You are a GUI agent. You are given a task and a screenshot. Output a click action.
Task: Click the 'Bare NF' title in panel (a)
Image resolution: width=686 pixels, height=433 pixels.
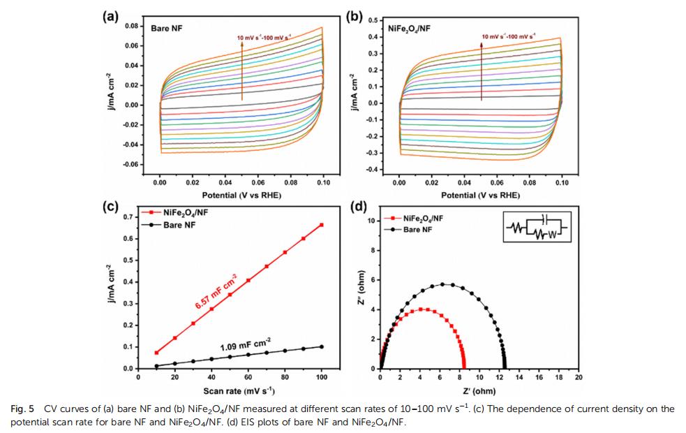tap(165, 29)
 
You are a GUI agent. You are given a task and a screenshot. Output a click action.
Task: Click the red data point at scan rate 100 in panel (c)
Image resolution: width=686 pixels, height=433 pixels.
tap(322, 225)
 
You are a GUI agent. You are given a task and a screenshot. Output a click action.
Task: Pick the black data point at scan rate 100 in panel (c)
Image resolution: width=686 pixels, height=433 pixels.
tap(322, 346)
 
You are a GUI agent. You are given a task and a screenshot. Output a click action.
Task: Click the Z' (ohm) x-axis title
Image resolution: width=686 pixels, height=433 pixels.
tap(479, 390)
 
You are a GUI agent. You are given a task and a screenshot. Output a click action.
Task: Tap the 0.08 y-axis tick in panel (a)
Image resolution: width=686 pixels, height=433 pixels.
tap(131, 26)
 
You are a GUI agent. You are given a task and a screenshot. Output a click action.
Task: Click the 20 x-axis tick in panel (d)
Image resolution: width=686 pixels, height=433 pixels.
tap(579, 377)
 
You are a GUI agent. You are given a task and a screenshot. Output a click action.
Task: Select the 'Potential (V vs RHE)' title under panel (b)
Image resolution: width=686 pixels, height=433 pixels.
tap(480, 196)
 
